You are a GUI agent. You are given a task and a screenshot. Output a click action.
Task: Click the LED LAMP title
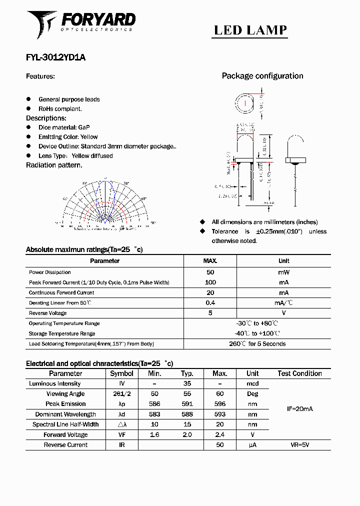point(250,30)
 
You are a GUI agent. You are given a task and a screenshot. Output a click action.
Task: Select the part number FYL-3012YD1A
point(55,57)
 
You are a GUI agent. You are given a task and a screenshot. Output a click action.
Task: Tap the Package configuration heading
point(262,76)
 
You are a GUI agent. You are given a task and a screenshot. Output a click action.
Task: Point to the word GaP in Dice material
point(84,127)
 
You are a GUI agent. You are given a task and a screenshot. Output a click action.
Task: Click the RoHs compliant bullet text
point(60,108)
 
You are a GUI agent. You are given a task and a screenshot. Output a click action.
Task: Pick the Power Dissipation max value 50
point(210,272)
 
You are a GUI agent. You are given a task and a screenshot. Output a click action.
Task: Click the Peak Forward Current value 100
point(210,282)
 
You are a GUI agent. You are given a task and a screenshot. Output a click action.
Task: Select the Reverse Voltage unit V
point(283,313)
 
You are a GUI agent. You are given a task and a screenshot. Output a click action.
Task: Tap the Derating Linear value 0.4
point(210,303)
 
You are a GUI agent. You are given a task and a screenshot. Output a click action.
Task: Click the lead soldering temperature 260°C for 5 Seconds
point(257,344)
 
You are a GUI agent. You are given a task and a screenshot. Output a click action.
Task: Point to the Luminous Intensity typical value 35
point(187,384)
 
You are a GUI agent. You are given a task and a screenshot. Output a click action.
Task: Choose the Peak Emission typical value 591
point(187,404)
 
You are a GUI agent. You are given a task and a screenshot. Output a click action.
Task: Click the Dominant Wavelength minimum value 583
point(154,414)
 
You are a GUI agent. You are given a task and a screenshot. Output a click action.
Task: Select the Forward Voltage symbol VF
point(121,435)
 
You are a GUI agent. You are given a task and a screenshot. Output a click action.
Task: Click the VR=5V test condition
point(299,445)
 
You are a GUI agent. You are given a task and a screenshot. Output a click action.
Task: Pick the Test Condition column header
point(299,373)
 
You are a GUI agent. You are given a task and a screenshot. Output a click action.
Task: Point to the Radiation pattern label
point(54,165)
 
